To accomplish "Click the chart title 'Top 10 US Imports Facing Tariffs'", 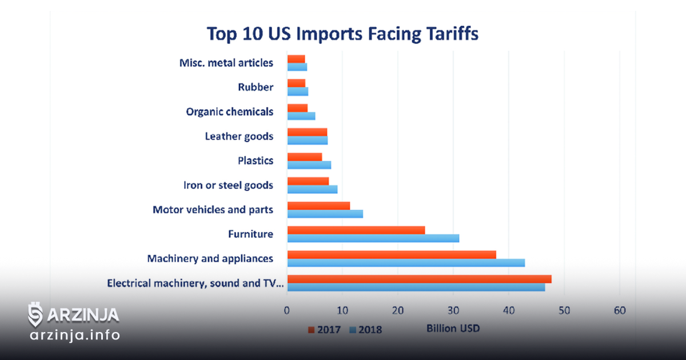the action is tap(342, 33).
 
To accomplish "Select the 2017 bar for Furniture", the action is tap(356, 230).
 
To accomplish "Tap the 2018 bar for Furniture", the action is tap(373, 238).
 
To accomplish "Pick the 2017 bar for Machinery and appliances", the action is tap(392, 255).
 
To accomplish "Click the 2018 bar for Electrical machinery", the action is tap(416, 287).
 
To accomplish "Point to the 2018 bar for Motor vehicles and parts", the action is tap(325, 214).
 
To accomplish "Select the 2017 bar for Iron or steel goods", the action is tap(308, 181).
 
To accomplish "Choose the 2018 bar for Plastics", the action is tap(309, 165).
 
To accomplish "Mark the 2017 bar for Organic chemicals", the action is tap(298, 108).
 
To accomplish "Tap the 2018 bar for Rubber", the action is tap(298, 91).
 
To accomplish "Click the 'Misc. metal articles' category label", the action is tap(226, 63).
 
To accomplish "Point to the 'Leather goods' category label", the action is tap(239, 136).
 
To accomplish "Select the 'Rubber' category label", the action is tap(256, 87).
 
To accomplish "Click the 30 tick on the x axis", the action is tap(453, 311).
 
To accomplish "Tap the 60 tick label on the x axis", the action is tap(620, 311).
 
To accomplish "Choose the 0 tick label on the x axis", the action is tap(286, 311).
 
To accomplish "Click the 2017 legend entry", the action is tap(324, 330).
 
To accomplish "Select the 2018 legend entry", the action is tap(366, 330).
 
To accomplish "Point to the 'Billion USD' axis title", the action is tap(453, 329).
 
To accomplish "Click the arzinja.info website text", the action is tap(75, 335).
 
